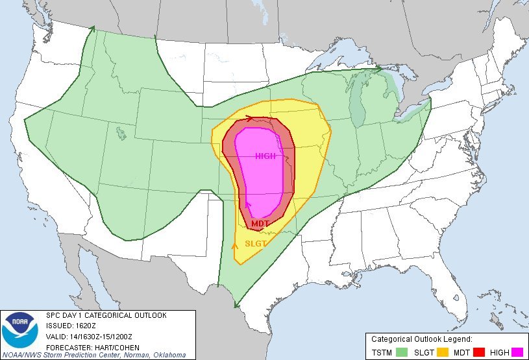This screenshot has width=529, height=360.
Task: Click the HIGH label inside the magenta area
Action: tap(265, 156)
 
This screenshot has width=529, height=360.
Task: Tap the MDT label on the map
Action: tap(260, 224)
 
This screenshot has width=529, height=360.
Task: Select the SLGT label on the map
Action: tap(256, 244)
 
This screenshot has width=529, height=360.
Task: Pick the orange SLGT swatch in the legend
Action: tap(444, 352)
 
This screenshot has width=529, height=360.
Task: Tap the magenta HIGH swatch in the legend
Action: tap(517, 352)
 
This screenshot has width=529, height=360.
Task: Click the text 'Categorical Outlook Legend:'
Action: tap(421, 339)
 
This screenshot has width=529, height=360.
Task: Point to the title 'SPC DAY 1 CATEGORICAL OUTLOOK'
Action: tap(106, 315)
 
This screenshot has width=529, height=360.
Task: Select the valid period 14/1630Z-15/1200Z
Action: tap(105, 336)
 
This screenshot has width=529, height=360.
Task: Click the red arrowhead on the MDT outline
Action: tap(250, 118)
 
